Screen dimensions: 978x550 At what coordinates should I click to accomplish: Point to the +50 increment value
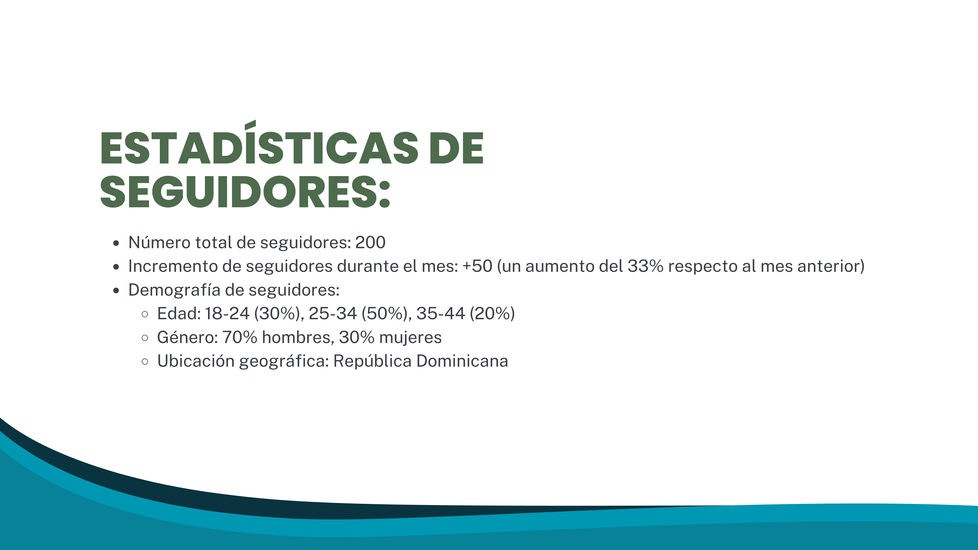477,266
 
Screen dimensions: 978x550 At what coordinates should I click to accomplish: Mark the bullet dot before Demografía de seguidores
116,291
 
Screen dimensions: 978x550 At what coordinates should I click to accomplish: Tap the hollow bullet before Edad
145,314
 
